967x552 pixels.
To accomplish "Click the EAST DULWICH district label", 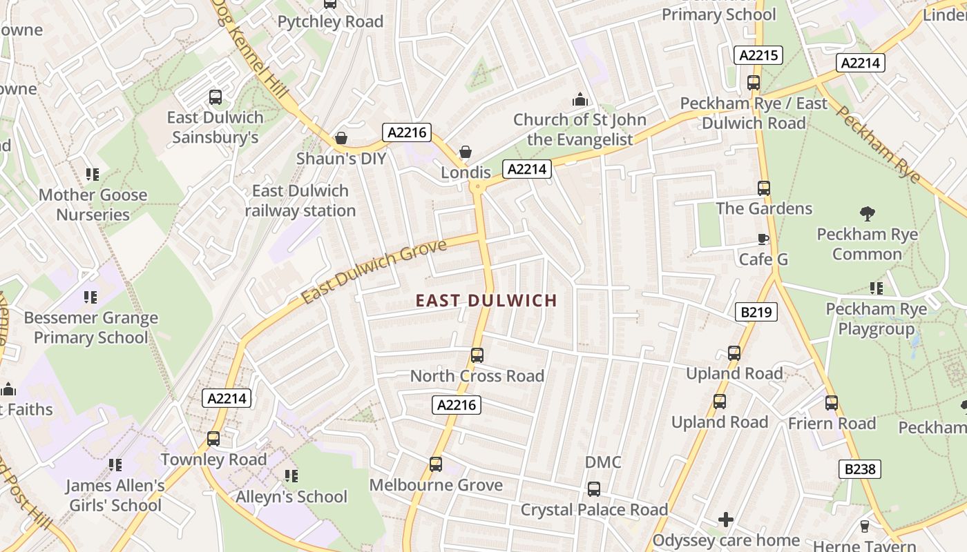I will (486, 300).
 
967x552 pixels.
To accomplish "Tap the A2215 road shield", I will (758, 56).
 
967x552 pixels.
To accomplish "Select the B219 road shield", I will (756, 312).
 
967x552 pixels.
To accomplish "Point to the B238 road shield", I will (860, 469).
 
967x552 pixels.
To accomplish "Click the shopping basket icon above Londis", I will (466, 151).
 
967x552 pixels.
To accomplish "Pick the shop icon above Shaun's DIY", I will (341, 138).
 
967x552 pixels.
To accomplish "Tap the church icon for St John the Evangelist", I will (580, 100).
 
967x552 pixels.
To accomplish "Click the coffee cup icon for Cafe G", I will (763, 239).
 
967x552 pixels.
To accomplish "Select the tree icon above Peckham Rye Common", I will (867, 214).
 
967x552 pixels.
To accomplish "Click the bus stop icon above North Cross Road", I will (477, 355).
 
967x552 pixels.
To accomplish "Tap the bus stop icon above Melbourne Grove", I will (435, 464).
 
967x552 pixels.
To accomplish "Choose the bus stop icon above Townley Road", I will (213, 438).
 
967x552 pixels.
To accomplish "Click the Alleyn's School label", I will (291, 497).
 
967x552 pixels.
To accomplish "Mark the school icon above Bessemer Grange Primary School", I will (90, 297).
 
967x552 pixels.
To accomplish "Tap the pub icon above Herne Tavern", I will (864, 526).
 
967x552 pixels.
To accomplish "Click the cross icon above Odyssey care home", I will (725, 519).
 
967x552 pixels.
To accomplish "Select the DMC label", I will (603, 462).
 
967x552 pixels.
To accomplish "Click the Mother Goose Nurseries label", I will (93, 205).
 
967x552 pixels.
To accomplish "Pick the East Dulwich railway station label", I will (300, 200).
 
